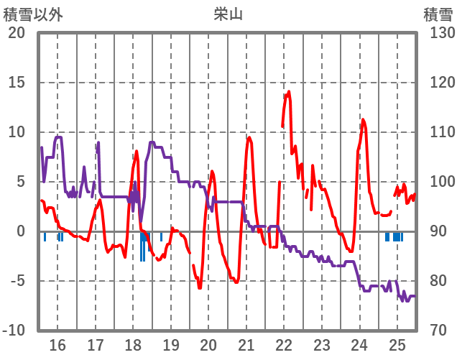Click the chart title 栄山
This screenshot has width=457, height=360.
coord(228,13)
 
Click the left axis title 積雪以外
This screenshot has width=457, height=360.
coord(33,13)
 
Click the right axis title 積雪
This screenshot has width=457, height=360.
coord(438,13)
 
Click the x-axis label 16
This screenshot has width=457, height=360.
coord(57,343)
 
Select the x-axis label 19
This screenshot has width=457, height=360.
coord(171,343)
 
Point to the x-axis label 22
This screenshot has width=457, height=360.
coord(284,343)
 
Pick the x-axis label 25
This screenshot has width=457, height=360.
coord(397,343)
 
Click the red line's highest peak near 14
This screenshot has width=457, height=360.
coord(288,91)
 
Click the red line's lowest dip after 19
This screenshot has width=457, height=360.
coord(199,287)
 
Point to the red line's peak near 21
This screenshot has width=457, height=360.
coord(249,137)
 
